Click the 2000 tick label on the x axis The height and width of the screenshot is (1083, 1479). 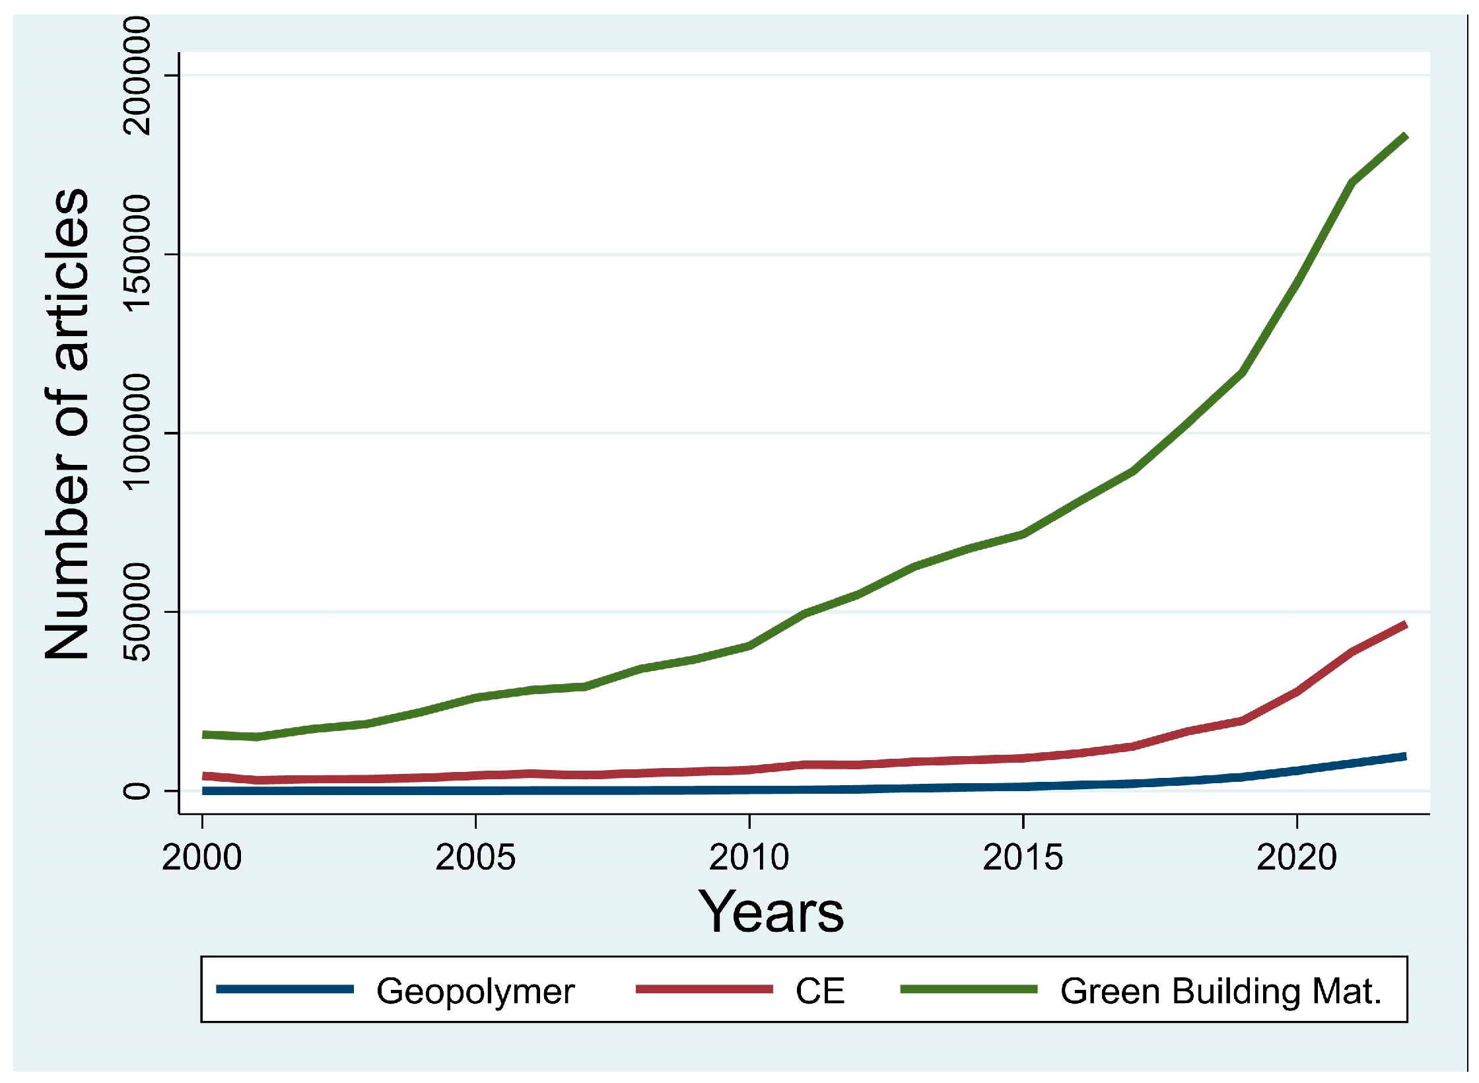click(x=201, y=858)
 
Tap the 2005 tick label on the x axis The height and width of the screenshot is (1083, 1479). click(x=475, y=858)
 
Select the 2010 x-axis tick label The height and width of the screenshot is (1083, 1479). click(x=749, y=858)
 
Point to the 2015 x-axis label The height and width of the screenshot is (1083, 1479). click(x=1023, y=858)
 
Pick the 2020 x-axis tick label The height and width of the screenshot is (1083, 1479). click(x=1297, y=858)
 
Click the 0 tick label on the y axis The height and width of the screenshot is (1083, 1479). click(x=137, y=790)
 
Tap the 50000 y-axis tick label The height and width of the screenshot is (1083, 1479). click(x=137, y=611)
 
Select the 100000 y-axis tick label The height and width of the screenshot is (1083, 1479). click(x=137, y=433)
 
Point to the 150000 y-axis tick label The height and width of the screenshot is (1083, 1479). click(x=137, y=254)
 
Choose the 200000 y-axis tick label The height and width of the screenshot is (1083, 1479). click(x=137, y=75)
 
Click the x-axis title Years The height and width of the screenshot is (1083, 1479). click(x=771, y=913)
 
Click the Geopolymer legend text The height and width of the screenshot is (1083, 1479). click(x=475, y=991)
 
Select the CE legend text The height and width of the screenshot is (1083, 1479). click(x=820, y=991)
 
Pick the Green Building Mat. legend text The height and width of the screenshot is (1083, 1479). click(x=1221, y=991)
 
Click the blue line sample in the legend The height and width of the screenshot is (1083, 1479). click(x=285, y=989)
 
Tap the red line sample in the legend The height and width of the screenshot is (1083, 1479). click(x=705, y=989)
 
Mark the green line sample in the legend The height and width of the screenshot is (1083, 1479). click(x=969, y=989)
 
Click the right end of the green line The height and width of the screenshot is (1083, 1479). click(x=1405, y=137)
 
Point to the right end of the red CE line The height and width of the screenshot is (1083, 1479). click(x=1405, y=625)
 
